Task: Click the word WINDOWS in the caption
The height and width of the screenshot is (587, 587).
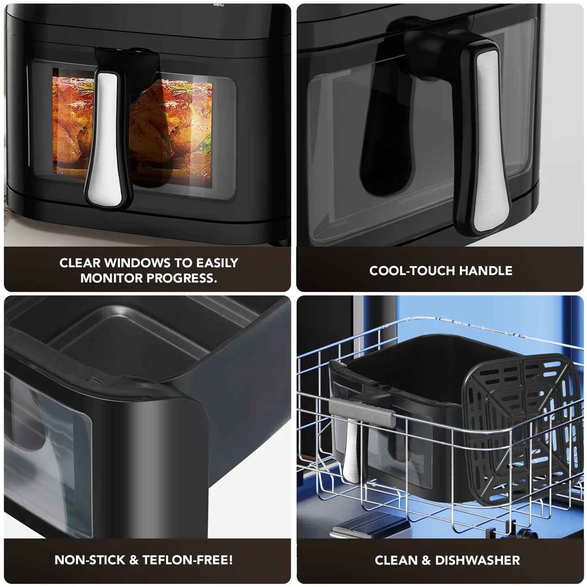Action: [x=137, y=263]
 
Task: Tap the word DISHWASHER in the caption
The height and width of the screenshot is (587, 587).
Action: [x=477, y=561]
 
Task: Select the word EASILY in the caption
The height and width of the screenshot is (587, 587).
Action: [x=217, y=263]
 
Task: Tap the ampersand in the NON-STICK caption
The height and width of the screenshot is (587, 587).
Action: [x=134, y=560]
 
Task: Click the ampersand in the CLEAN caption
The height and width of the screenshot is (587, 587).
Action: [x=426, y=561]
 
